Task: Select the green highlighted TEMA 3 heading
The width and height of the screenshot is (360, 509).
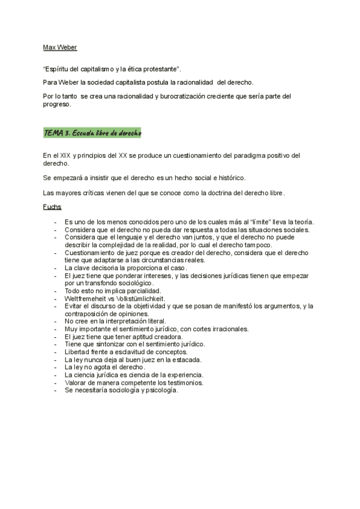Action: click(92, 133)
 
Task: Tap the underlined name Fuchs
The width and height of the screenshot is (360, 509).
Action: click(52, 207)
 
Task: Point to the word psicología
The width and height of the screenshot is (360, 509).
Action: click(160, 390)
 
